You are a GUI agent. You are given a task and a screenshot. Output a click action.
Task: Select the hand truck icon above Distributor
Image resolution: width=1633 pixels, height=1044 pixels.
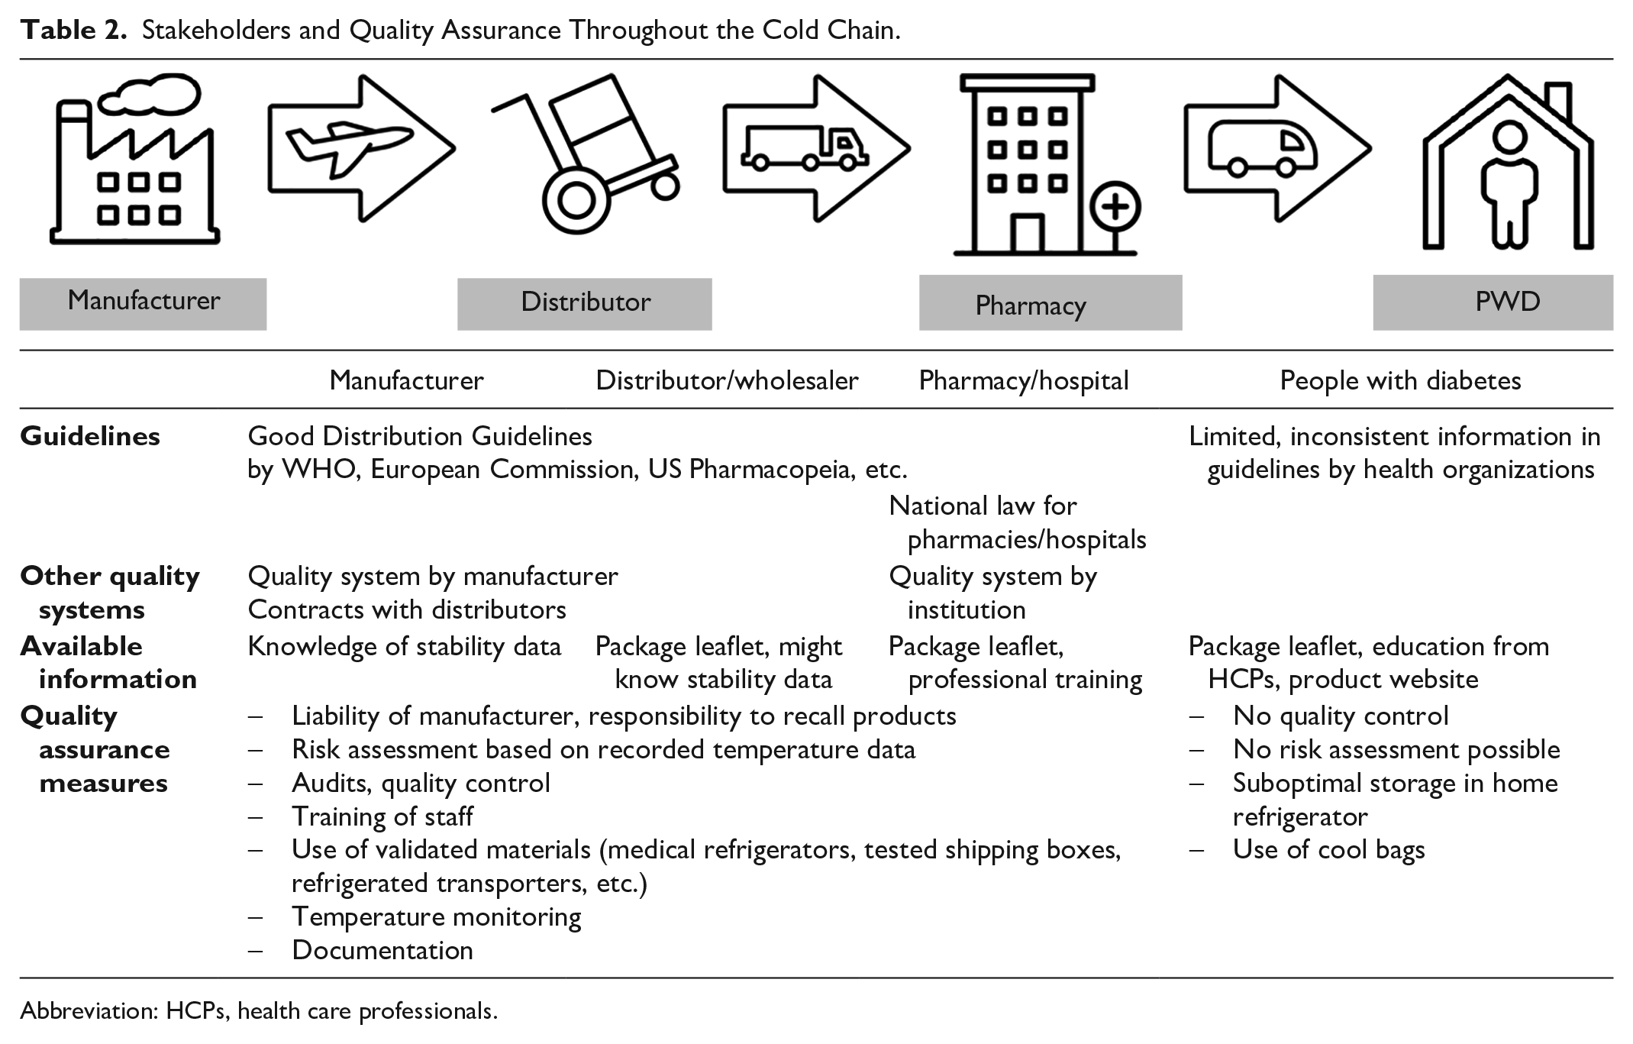click(x=586, y=154)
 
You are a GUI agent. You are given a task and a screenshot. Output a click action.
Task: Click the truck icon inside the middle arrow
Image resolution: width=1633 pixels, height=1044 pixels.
click(x=805, y=148)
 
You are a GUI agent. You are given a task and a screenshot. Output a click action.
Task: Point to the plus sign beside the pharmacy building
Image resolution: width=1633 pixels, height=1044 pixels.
click(x=1115, y=208)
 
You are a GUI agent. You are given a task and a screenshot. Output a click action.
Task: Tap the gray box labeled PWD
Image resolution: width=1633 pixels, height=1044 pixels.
click(x=1493, y=302)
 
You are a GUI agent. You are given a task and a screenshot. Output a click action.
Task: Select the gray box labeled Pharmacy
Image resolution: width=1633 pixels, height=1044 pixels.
click(x=1050, y=303)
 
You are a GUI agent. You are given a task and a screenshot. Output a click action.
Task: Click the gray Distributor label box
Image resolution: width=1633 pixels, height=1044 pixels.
click(x=585, y=304)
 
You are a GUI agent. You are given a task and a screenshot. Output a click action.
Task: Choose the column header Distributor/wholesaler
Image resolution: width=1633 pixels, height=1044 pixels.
click(x=727, y=380)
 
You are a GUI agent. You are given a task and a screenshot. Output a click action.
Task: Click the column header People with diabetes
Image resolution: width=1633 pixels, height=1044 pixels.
click(x=1400, y=380)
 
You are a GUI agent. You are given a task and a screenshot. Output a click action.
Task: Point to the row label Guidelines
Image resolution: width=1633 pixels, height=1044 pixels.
click(x=90, y=436)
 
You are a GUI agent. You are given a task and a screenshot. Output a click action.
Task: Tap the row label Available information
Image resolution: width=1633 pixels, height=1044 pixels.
click(x=108, y=662)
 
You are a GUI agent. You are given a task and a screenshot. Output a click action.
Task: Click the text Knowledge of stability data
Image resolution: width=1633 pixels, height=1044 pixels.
click(x=405, y=647)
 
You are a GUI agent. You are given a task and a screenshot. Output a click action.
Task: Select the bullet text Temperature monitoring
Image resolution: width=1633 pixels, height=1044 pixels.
click(x=437, y=917)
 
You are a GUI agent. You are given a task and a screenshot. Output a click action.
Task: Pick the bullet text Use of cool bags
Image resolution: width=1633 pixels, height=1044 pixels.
click(x=1329, y=850)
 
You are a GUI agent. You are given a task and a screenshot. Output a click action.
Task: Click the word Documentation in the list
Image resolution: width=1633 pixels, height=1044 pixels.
click(x=382, y=950)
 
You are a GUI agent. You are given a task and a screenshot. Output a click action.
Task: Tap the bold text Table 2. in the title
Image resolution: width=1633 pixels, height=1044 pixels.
click(x=73, y=31)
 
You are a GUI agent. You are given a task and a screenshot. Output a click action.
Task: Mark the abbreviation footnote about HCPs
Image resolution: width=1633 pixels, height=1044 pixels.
click(x=259, y=1011)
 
